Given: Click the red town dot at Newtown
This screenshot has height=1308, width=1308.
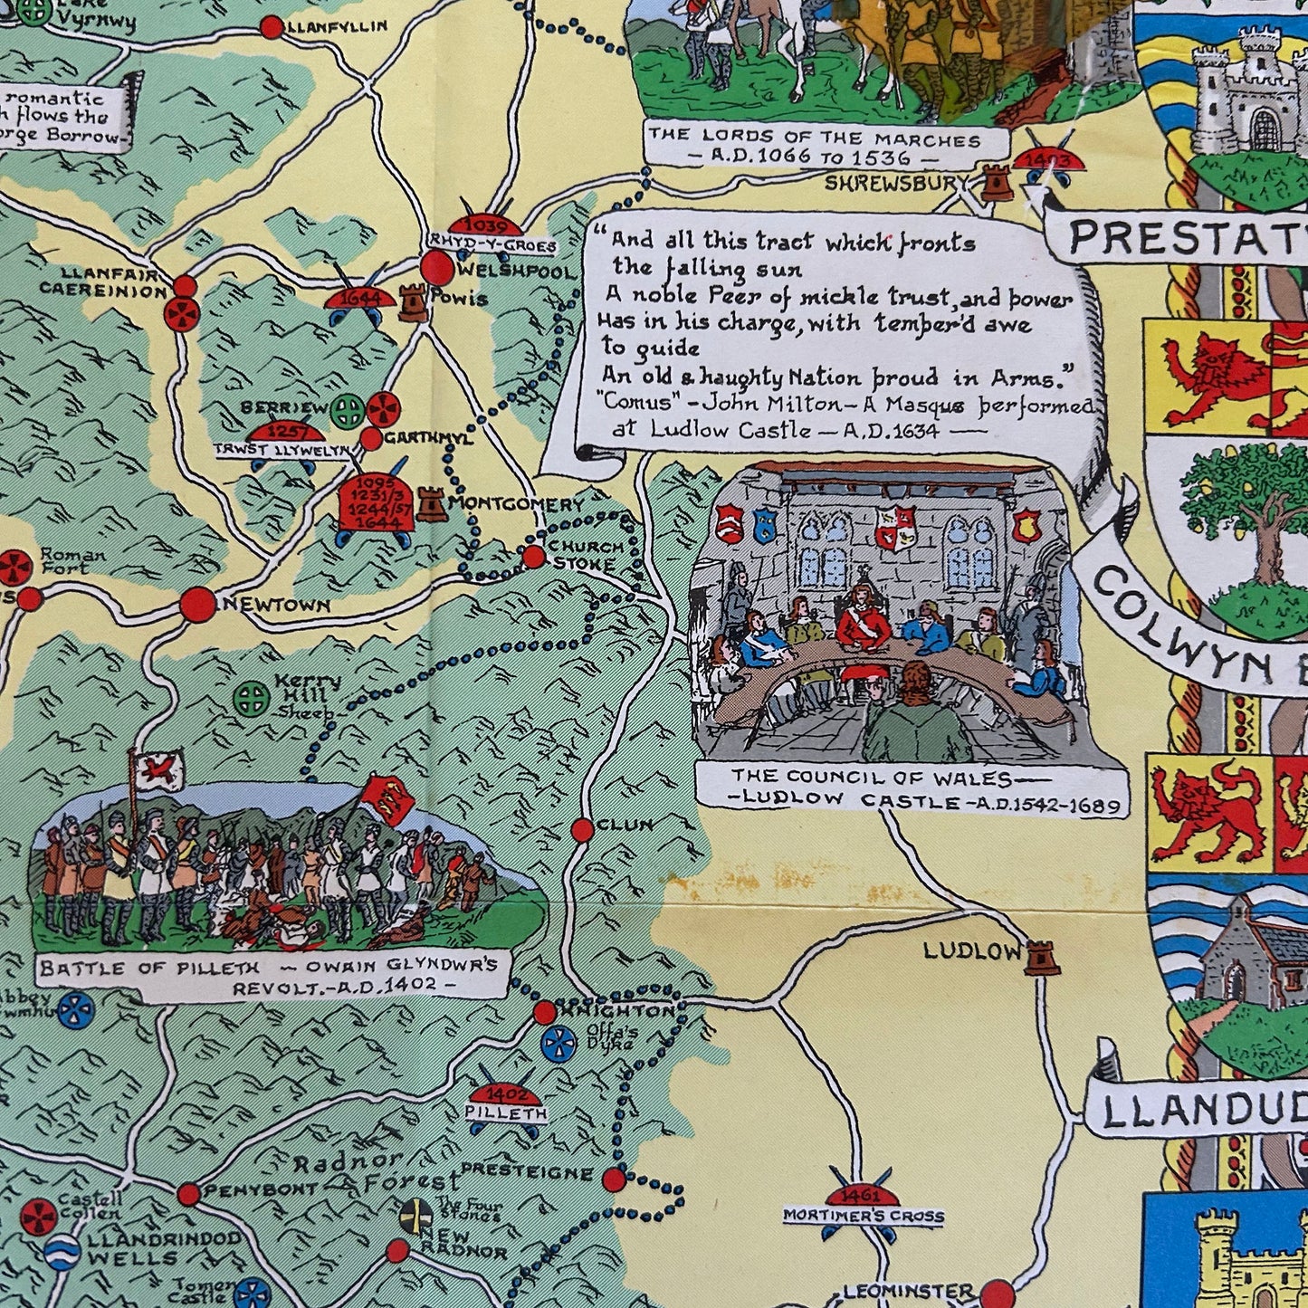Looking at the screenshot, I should coord(197,605).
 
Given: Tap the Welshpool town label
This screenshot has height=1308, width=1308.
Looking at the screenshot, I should coord(516,272).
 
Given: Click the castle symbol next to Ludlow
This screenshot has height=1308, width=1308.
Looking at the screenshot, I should coord(1042,956).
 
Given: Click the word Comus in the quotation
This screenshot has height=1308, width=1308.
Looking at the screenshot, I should coord(626,406).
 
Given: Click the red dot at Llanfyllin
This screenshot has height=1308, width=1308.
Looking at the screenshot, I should coord(271,27).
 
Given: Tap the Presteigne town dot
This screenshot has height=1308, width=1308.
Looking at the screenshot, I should coord(614,1179).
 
